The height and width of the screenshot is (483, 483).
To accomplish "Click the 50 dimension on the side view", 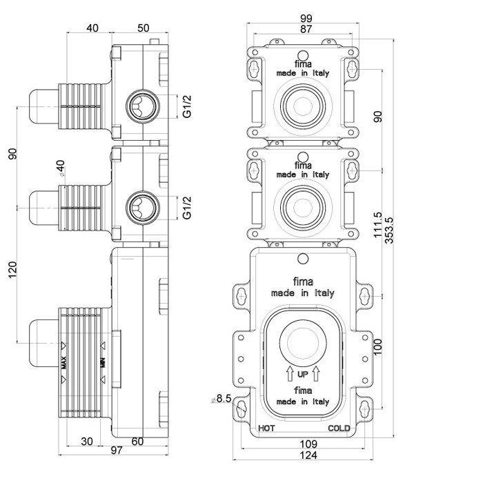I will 144,28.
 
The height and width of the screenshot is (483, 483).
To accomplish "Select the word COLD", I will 339,428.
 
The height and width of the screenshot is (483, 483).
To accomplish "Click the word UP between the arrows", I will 302,375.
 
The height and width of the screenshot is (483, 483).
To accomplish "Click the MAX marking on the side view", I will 63,362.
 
